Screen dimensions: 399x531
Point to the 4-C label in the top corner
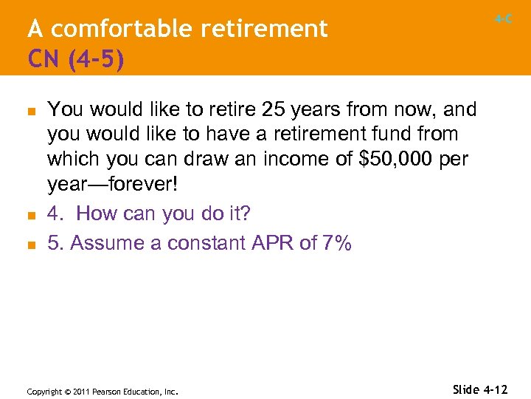pyautogui.click(x=504, y=19)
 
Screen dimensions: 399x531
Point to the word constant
pyautogui.click(x=198, y=243)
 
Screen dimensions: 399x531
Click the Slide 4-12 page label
pyautogui.click(x=479, y=389)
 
